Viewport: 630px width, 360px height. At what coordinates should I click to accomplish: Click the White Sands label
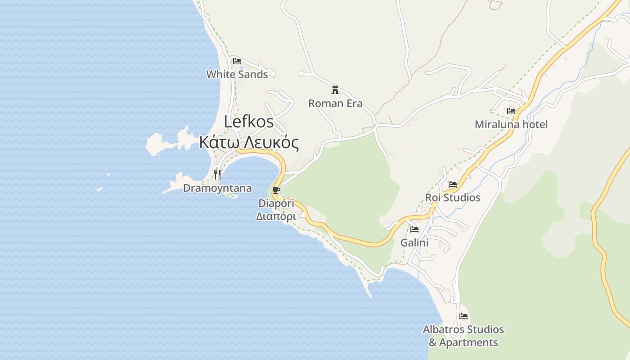coord(237,74)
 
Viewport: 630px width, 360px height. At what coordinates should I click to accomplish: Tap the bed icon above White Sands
coord(237,61)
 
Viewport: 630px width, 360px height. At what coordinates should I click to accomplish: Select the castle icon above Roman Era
coord(335,90)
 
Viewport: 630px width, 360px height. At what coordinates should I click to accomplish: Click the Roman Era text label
coord(335,103)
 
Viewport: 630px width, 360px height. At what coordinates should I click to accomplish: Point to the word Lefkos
coord(249,121)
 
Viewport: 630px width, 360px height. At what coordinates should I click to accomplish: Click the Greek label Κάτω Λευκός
coord(249,143)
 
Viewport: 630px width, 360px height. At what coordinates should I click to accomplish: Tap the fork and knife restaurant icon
coord(217,174)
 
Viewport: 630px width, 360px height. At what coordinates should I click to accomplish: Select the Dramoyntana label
coord(217,188)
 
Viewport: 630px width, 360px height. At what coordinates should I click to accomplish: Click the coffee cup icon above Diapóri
coord(276,190)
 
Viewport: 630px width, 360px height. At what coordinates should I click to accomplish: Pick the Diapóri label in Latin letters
coord(276,203)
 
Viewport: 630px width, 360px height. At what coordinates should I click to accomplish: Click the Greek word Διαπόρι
coord(276,216)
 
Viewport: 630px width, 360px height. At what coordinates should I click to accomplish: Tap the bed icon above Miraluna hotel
coord(511,111)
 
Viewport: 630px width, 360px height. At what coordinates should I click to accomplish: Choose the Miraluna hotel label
coord(511,124)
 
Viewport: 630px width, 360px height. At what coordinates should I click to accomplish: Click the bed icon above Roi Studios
coord(453,184)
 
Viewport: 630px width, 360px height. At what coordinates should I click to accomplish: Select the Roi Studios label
coord(453,198)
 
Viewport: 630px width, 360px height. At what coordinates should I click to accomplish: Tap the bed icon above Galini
coord(414,229)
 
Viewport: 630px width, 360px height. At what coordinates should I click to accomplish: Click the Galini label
coord(414,243)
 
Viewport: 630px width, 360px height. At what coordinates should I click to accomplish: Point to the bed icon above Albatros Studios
coord(463,316)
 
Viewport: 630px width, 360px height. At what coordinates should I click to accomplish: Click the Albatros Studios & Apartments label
coord(463,336)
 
